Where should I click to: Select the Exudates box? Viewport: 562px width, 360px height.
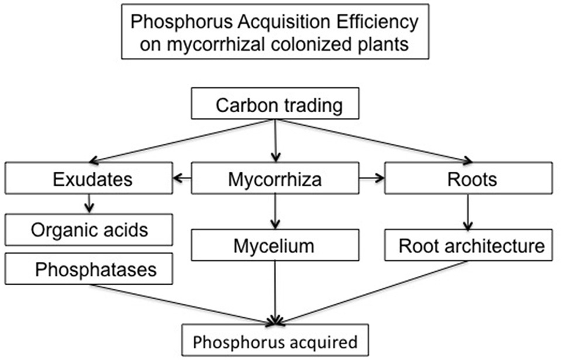[88, 179]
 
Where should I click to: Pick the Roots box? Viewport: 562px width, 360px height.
[468, 179]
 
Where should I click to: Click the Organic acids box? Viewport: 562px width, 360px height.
[88, 230]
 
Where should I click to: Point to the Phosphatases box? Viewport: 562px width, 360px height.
[88, 269]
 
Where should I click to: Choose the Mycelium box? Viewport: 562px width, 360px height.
[275, 245]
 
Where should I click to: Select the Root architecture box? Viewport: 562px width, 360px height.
[468, 245]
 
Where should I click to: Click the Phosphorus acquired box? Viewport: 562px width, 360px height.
[275, 341]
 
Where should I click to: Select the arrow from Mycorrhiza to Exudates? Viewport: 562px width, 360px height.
[182, 179]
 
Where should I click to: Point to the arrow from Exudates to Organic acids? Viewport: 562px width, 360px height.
[88, 203]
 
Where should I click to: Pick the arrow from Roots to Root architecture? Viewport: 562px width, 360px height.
[468, 212]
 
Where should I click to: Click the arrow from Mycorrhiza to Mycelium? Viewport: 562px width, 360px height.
[275, 212]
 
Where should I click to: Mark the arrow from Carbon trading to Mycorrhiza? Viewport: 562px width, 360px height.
[275, 140]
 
